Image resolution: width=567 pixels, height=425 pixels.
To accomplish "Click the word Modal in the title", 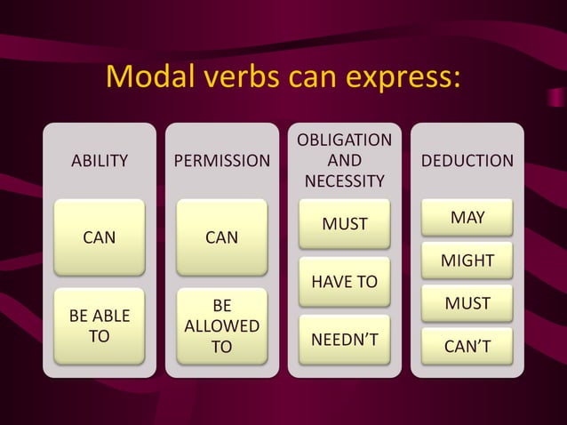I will [x=145, y=77].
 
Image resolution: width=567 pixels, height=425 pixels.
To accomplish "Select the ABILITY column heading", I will [x=99, y=161].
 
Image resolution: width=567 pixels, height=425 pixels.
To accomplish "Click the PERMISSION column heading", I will [x=221, y=161].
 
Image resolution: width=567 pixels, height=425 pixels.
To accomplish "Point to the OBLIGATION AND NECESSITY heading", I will [x=344, y=161].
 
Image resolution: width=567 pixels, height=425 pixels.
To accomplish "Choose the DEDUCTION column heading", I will [x=467, y=161].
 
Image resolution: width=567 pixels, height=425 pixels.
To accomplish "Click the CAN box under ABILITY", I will [x=99, y=237].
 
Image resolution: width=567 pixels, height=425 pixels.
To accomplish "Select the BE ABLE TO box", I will [x=99, y=326].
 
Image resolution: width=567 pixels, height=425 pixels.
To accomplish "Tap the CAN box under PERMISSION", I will [x=221, y=237].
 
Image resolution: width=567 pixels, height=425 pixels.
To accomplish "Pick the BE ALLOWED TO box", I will [x=221, y=326].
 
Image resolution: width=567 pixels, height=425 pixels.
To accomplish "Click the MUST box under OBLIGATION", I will [x=344, y=224].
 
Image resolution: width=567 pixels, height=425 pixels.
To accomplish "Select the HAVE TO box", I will [x=344, y=282].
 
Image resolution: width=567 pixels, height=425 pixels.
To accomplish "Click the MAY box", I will [x=467, y=217].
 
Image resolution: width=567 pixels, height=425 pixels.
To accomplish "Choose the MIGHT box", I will [x=467, y=261].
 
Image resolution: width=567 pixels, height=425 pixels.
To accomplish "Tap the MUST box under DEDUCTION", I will [x=467, y=303].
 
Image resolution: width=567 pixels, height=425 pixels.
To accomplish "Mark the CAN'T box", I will [x=467, y=346].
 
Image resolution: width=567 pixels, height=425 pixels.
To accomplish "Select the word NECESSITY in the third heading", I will [x=344, y=181].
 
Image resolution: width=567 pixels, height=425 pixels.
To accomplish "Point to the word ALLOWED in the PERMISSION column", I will [x=221, y=326].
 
